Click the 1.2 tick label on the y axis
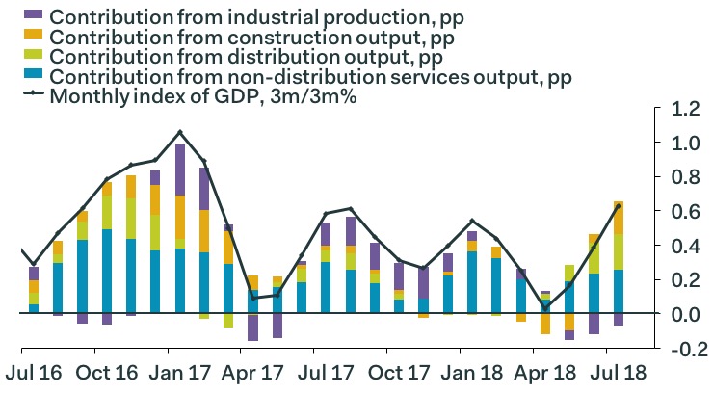click(x=680, y=110)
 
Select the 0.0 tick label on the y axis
click(x=680, y=315)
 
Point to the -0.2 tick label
click(x=678, y=349)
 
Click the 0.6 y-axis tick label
click(x=680, y=212)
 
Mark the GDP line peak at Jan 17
click(x=180, y=132)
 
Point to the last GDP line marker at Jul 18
click(x=618, y=206)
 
